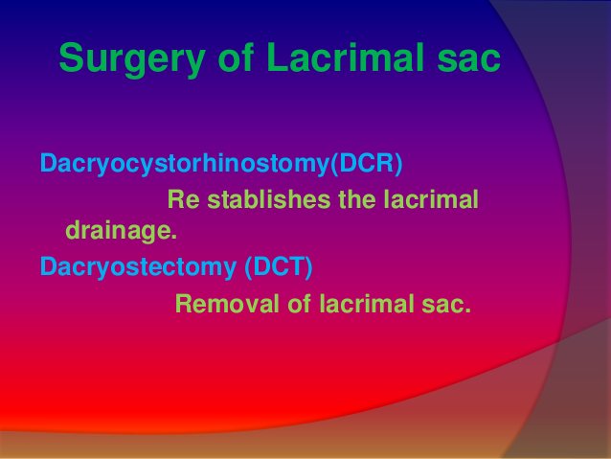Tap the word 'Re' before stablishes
(x=183, y=200)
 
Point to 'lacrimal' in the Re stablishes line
(x=431, y=200)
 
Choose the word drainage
(x=121, y=231)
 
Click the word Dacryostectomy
(x=134, y=266)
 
